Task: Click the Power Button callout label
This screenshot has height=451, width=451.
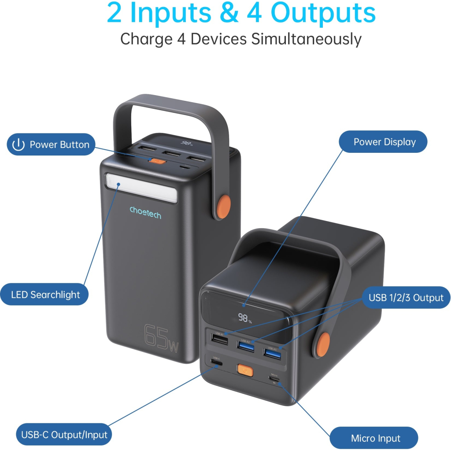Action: pos(51,144)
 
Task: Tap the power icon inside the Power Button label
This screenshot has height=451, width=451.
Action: pos(18,145)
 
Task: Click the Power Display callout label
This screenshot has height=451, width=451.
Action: pos(383,142)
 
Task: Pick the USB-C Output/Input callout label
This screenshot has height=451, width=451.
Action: pos(63,435)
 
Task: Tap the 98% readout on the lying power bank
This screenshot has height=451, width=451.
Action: pos(245,318)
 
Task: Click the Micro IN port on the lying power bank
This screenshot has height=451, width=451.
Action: pos(274,379)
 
